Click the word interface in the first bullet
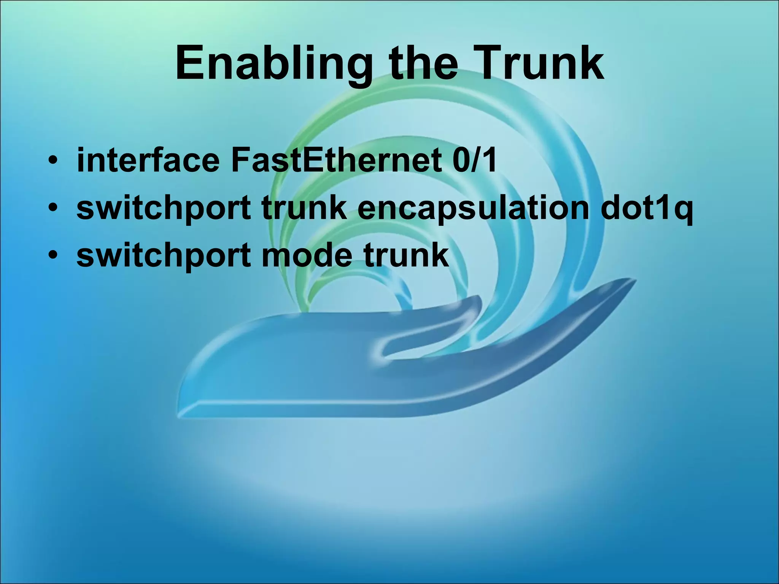point(148,160)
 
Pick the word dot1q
point(646,209)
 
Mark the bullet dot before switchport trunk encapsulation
point(53,209)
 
